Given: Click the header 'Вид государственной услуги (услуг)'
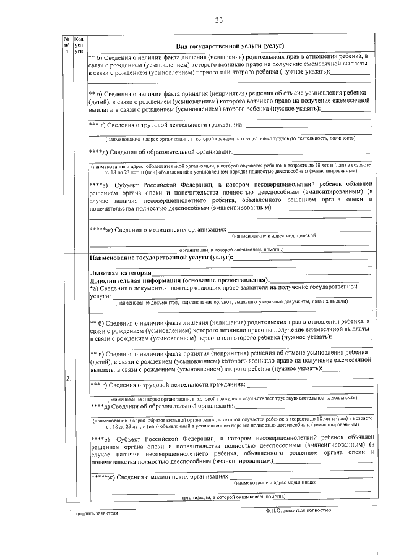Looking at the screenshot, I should click(230, 46).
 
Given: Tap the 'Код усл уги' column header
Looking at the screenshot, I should click(79, 45).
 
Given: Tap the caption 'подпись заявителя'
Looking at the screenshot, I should click(96, 513).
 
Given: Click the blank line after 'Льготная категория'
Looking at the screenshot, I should click(260, 274).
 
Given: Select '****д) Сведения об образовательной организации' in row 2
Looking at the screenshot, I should click(162, 406).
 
